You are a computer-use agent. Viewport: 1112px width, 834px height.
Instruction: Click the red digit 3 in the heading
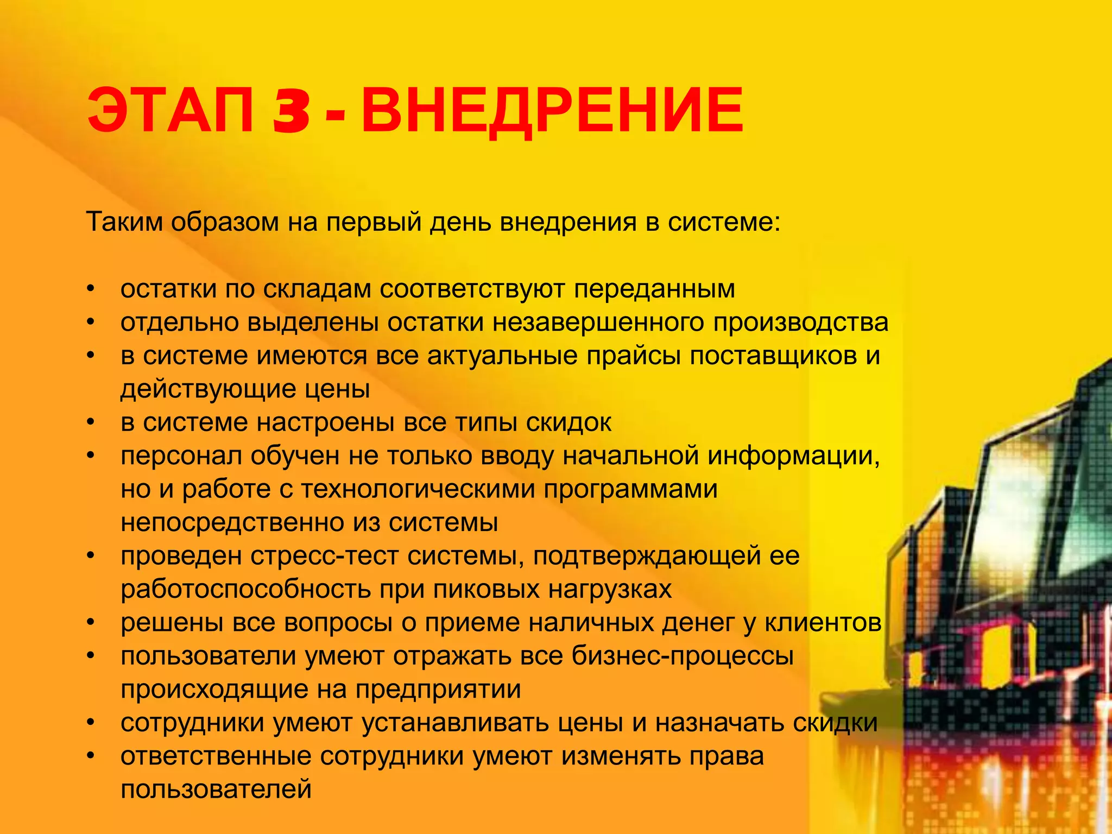pyautogui.click(x=292, y=112)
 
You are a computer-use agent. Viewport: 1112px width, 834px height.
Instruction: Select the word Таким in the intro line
pyautogui.click(x=124, y=222)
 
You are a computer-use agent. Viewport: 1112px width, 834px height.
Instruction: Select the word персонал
pyautogui.click(x=181, y=456)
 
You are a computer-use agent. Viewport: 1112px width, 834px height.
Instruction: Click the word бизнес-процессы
pyautogui.click(x=683, y=656)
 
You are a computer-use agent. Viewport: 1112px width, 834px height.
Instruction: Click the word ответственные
pyautogui.click(x=216, y=757)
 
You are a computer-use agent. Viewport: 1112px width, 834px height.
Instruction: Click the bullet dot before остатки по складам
pyautogui.click(x=91, y=289)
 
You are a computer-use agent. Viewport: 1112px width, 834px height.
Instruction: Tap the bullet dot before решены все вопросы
pyautogui.click(x=91, y=623)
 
